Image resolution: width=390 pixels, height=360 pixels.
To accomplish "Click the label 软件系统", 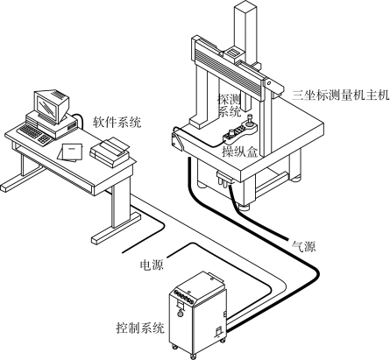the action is pos(117,122).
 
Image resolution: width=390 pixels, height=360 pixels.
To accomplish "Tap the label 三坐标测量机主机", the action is pos(340,95).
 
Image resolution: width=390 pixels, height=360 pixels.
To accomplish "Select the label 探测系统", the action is pos(229,106).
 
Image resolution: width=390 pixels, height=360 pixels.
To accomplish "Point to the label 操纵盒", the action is pos(240,152).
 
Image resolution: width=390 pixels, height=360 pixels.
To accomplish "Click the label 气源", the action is pos(304,246).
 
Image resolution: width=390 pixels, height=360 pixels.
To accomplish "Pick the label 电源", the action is pos(152,265).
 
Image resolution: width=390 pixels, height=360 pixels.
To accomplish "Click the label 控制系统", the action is pos(140,328).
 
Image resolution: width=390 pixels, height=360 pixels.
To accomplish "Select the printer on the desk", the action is pos(110,152).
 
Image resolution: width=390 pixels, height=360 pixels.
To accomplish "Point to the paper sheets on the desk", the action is pos(70,152).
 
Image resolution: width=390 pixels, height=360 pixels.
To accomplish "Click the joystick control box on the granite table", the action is pos(239,131).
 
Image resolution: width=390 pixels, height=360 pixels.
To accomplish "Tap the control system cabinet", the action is pos(197,314).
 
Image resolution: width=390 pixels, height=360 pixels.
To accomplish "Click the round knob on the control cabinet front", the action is pos(181,313).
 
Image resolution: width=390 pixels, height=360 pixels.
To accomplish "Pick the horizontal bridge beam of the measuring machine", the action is pos(237,67).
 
